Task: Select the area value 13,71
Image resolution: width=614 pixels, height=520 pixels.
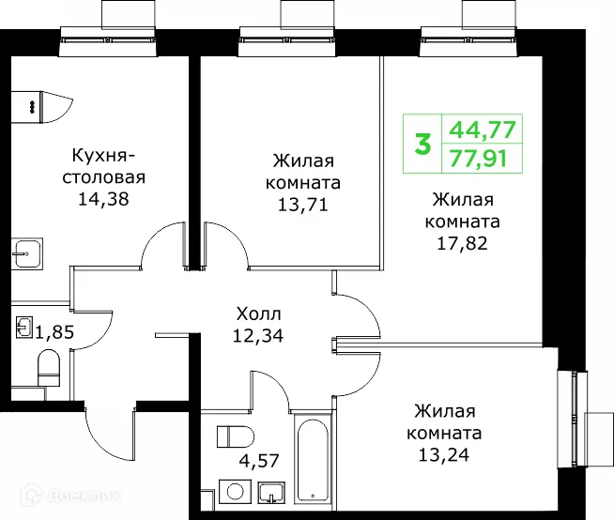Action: (x=302, y=203)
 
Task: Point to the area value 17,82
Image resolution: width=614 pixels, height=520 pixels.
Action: (x=463, y=244)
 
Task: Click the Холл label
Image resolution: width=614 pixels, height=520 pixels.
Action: (x=257, y=313)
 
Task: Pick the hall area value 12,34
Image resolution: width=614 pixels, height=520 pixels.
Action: (x=257, y=333)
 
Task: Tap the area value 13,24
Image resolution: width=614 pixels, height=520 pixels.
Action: (x=445, y=456)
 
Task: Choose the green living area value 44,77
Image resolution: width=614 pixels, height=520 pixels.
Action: (x=484, y=130)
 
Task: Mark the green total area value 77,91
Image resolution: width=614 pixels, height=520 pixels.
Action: (x=484, y=159)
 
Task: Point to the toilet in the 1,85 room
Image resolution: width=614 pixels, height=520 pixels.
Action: (x=49, y=367)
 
